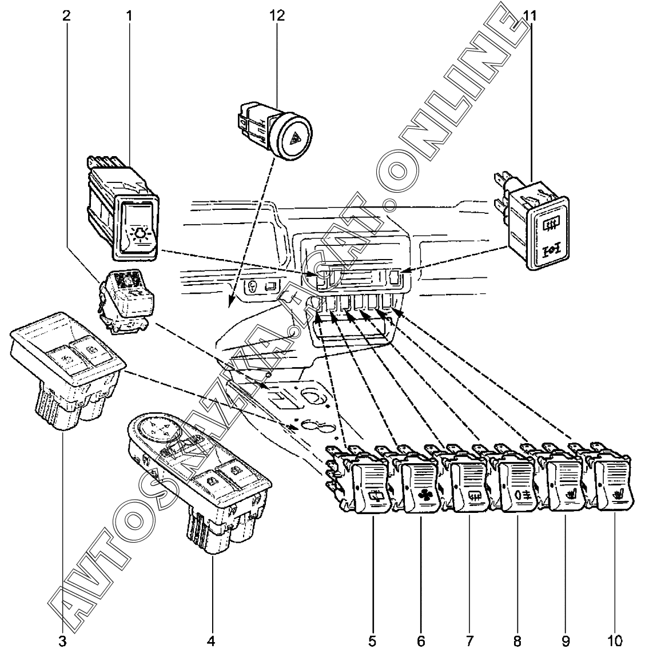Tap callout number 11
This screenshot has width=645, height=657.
pos(530,15)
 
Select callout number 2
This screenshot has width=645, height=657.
pos(67,15)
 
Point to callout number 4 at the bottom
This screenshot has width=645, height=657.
pos(211,641)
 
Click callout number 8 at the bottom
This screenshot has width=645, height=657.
pos(517,641)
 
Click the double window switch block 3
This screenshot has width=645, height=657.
pos(66,366)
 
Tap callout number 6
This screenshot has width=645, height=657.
pos(421,641)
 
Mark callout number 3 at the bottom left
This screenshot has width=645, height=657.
pos(62,641)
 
